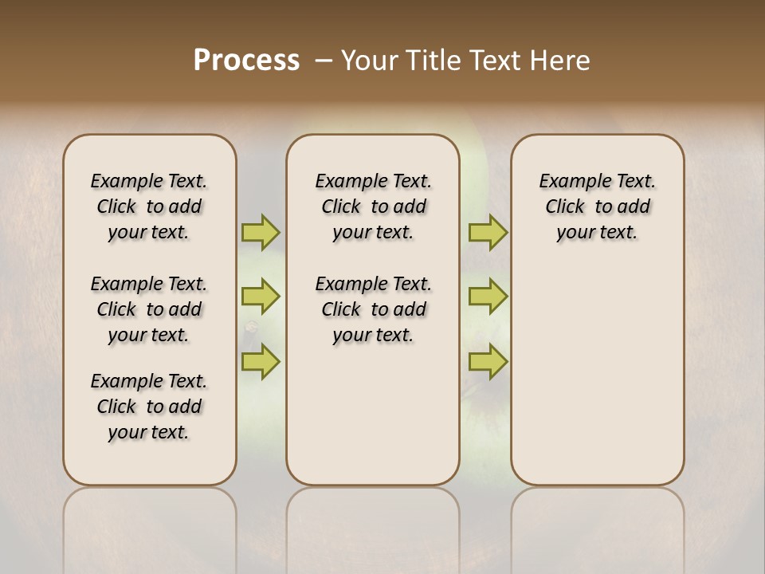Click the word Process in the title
(x=246, y=61)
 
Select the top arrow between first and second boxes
(x=261, y=232)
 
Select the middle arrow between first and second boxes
(x=261, y=297)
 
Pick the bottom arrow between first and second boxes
(x=261, y=362)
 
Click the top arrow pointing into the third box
(x=488, y=232)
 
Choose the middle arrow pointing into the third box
(x=488, y=297)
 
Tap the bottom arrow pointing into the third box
(x=488, y=362)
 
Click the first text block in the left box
(x=149, y=206)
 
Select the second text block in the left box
(x=149, y=309)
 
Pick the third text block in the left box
(x=149, y=407)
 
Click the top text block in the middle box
(x=373, y=206)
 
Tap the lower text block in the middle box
(x=373, y=309)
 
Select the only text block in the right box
(x=597, y=206)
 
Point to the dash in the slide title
(x=324, y=61)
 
